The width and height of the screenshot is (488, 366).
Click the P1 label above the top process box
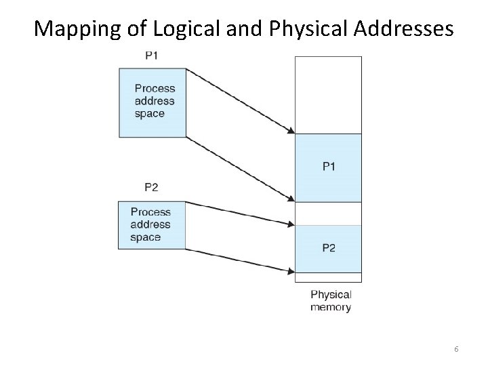(151, 56)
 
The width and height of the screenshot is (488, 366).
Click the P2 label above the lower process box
(151, 186)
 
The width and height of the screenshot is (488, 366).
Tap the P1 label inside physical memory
(328, 167)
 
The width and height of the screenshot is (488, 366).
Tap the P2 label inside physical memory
(328, 248)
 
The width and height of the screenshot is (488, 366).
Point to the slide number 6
(457, 348)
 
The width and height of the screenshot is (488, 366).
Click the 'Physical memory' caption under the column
(331, 300)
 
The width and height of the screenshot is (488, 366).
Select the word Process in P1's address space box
(155, 88)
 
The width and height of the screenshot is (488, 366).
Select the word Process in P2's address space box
(150, 212)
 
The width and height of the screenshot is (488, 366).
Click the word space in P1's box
(150, 114)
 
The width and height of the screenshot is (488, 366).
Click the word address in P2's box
(150, 224)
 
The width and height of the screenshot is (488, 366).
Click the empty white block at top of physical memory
(328, 95)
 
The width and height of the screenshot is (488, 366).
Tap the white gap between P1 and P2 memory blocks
(328, 213)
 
